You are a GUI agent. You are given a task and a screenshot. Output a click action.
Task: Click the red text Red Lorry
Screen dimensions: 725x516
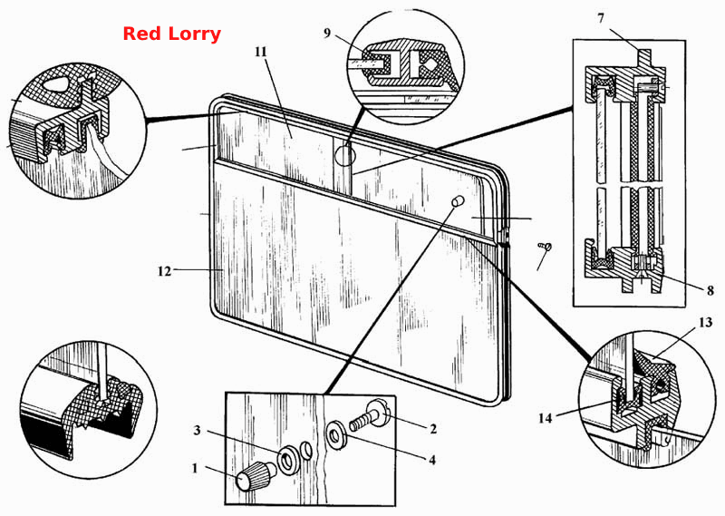pyautogui.click(x=171, y=34)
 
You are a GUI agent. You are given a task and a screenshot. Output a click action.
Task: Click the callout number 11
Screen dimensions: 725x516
pyautogui.click(x=261, y=52)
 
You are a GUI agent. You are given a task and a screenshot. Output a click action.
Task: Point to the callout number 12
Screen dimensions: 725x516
pyautogui.click(x=164, y=271)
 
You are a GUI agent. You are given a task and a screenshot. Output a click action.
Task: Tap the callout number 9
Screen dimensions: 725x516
pyautogui.click(x=327, y=34)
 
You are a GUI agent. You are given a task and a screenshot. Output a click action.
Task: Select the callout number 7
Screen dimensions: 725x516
pyautogui.click(x=601, y=18)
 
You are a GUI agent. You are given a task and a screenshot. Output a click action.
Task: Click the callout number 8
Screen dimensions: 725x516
pyautogui.click(x=710, y=290)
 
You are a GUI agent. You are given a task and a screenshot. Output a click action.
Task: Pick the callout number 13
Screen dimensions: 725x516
pyautogui.click(x=706, y=322)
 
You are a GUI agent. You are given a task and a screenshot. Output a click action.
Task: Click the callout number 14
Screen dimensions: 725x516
pyautogui.click(x=546, y=418)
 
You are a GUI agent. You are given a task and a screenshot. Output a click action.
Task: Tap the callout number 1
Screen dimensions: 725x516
pyautogui.click(x=195, y=468)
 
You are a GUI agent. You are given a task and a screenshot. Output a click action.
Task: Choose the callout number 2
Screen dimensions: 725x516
pyautogui.click(x=433, y=429)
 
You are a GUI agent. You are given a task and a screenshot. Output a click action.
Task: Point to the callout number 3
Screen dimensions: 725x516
pyautogui.click(x=197, y=431)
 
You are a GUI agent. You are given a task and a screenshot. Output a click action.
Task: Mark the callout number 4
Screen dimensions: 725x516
pyautogui.click(x=432, y=460)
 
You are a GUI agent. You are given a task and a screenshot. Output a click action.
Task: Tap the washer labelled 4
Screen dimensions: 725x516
pyautogui.click(x=336, y=434)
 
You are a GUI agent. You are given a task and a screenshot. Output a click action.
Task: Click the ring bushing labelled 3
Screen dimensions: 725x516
pyautogui.click(x=288, y=460)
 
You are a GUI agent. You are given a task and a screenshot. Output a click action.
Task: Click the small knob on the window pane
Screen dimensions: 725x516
pyautogui.click(x=457, y=201)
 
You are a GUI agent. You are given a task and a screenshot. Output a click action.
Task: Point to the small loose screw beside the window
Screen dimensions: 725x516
pyautogui.click(x=545, y=247)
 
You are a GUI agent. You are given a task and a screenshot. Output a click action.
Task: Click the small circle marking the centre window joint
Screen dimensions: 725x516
pyautogui.click(x=345, y=155)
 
